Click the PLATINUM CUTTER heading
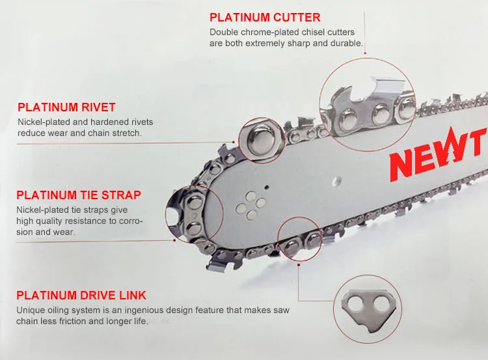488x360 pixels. [265, 18]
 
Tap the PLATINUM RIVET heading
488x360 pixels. [66, 107]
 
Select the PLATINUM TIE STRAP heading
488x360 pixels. [78, 195]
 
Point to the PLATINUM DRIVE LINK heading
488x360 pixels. [81, 296]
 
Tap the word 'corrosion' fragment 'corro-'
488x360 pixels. [128, 221]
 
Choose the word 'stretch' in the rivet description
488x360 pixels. [126, 133]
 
